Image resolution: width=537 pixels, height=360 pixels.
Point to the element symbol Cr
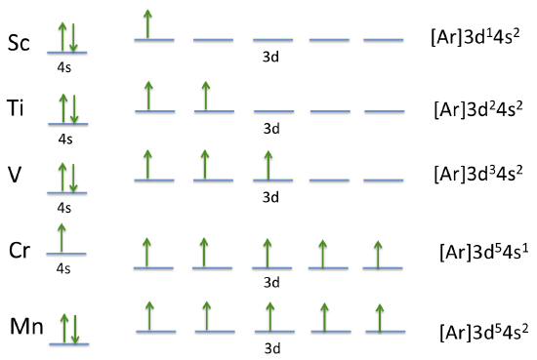(20, 249)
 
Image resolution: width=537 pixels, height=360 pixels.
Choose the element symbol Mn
(24, 325)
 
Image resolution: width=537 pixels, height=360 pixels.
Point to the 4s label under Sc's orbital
(65, 67)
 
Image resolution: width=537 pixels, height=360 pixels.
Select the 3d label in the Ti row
(270, 128)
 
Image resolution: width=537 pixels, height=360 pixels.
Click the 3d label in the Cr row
(271, 283)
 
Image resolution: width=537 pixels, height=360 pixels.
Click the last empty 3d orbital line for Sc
(382, 40)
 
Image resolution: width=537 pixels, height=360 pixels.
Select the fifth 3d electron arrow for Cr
(380, 252)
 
